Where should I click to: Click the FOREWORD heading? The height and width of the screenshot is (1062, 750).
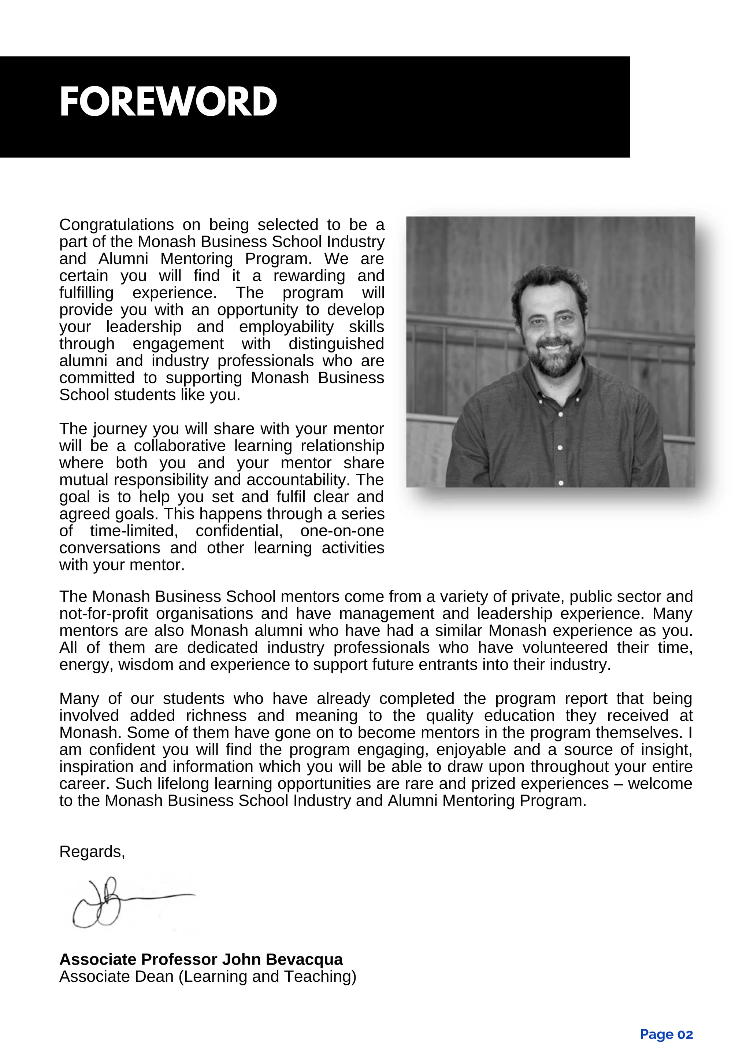[x=168, y=102]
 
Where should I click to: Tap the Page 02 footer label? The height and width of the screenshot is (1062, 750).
[x=666, y=1034]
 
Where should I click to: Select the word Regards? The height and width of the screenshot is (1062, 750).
[x=91, y=852]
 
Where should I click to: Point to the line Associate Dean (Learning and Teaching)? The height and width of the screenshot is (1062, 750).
[x=208, y=976]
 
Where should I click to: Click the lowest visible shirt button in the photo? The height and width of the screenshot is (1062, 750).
[x=561, y=483]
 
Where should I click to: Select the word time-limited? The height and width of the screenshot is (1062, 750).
[x=134, y=531]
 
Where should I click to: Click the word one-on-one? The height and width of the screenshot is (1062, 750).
[x=342, y=531]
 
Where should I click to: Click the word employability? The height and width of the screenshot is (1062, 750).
[x=286, y=327]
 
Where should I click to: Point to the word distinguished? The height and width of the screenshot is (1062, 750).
[x=336, y=344]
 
